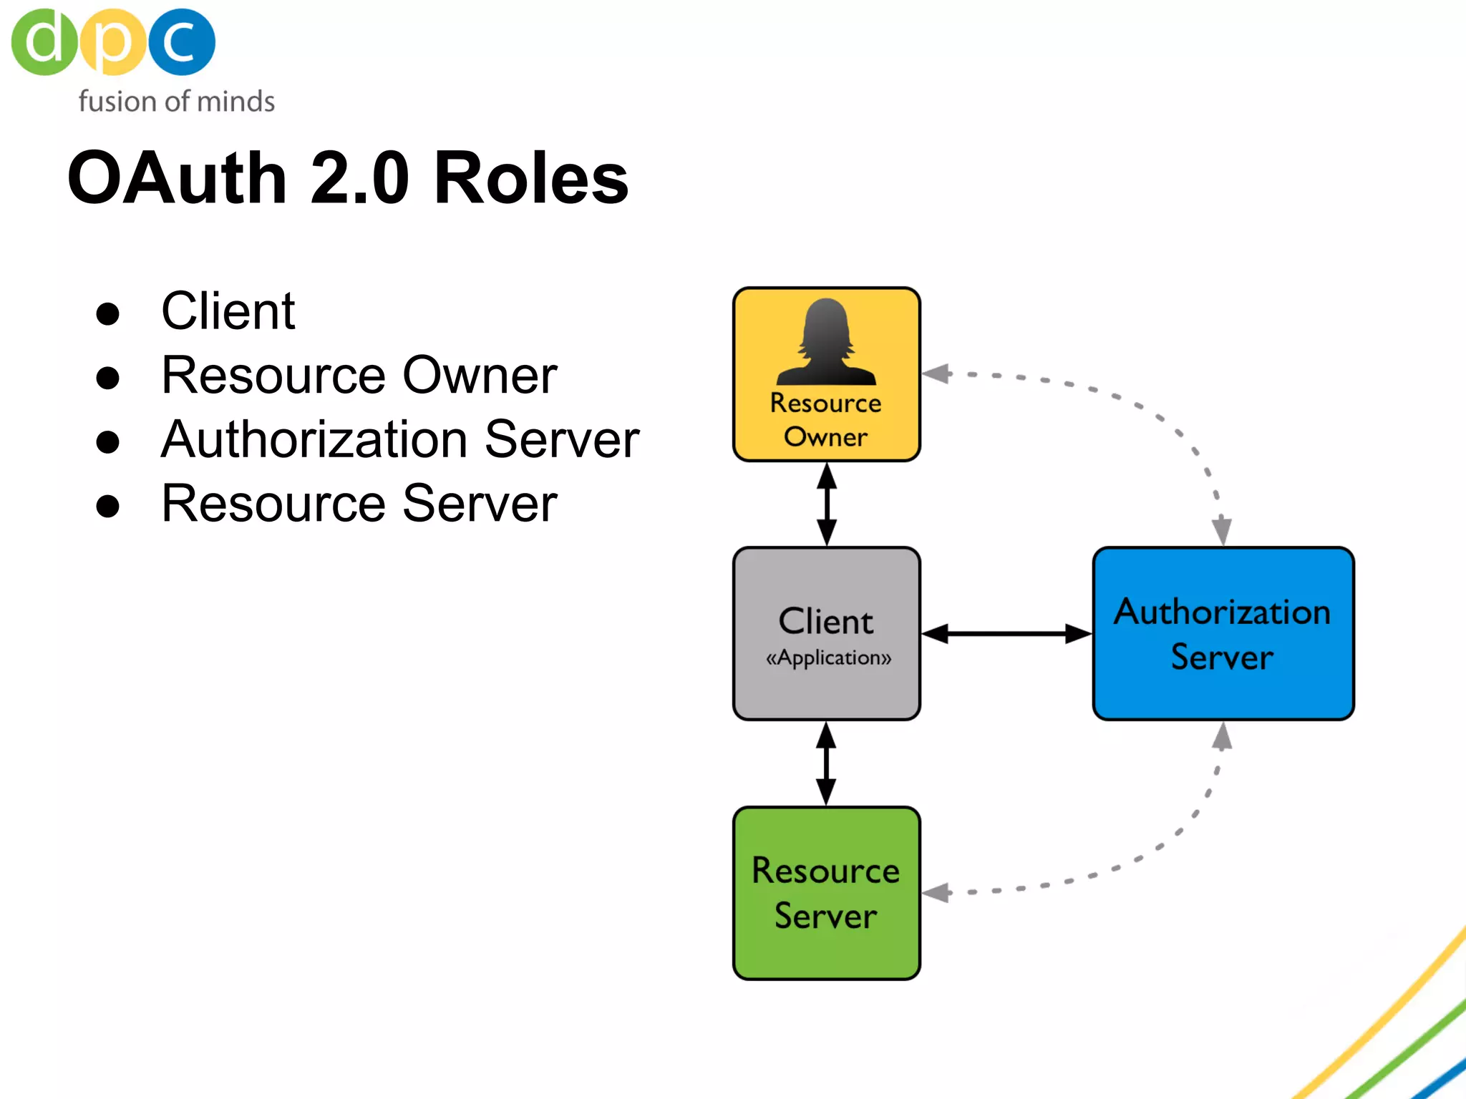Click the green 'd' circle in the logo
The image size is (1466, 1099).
[x=44, y=42]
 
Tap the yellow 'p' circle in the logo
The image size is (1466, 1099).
[x=112, y=42]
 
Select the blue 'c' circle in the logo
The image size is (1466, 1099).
[x=182, y=42]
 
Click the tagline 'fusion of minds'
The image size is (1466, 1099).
[x=176, y=102]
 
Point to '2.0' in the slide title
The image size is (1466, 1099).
[x=359, y=178]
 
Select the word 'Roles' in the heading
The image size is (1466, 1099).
[x=530, y=178]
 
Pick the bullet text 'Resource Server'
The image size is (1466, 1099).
[x=359, y=503]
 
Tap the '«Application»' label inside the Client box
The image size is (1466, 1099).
[x=828, y=658]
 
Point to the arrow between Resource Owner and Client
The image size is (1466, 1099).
[x=827, y=504]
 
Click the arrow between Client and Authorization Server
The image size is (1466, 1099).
[x=1006, y=634]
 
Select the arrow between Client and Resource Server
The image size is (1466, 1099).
[x=826, y=763]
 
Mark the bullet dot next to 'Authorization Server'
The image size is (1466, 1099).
[x=107, y=441]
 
